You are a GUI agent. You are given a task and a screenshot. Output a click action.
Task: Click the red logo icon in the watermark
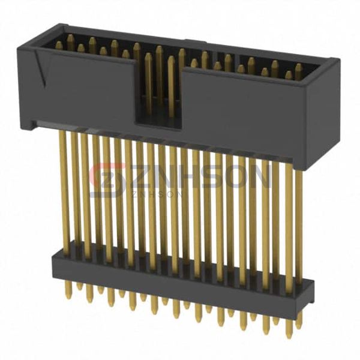pyautogui.click(x=106, y=179)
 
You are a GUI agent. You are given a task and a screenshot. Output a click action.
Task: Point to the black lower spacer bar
pyautogui.click(x=180, y=273)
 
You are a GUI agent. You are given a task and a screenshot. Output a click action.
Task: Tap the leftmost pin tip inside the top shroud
pyautogui.click(x=59, y=45)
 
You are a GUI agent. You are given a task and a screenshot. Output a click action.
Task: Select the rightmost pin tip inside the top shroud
pyautogui.click(x=298, y=67)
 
